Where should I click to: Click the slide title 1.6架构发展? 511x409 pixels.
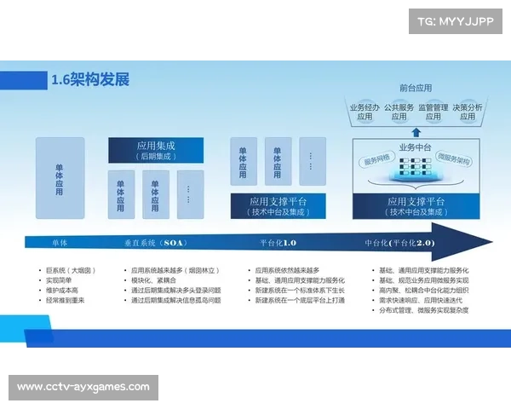(90, 80)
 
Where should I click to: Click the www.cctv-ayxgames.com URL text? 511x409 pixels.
(83, 388)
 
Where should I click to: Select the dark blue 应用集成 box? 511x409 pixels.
(156, 151)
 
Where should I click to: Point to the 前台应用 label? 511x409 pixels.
(416, 88)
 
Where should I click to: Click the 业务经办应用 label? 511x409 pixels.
(365, 112)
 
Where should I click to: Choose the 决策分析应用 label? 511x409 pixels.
(468, 112)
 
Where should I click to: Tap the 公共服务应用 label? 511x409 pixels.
(399, 112)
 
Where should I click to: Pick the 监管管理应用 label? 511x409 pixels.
(433, 112)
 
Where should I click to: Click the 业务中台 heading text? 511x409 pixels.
(416, 147)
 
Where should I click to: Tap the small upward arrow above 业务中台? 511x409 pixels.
(416, 132)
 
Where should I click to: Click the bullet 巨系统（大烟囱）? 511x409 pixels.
(70, 270)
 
